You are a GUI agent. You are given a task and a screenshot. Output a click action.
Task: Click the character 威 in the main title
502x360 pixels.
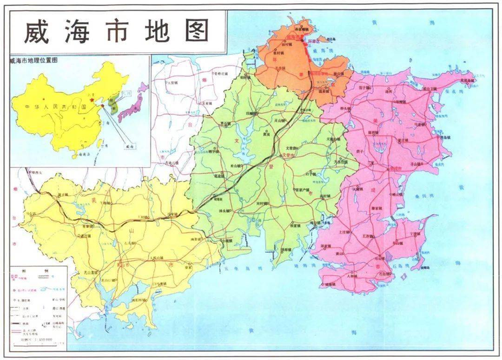tap(39, 30)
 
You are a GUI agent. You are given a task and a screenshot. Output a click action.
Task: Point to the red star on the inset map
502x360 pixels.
tap(102, 95)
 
